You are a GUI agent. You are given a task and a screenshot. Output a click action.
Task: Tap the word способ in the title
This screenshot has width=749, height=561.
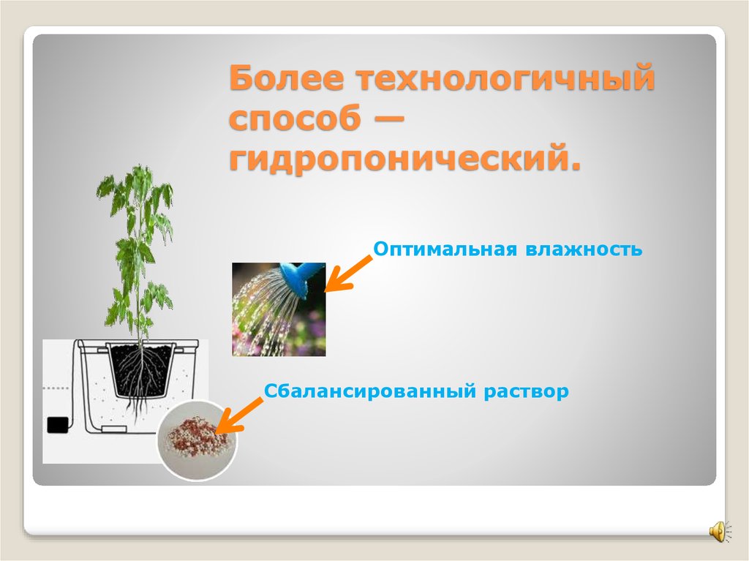click(x=296, y=119)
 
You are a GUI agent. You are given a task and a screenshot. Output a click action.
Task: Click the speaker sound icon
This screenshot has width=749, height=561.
click(x=718, y=530)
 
